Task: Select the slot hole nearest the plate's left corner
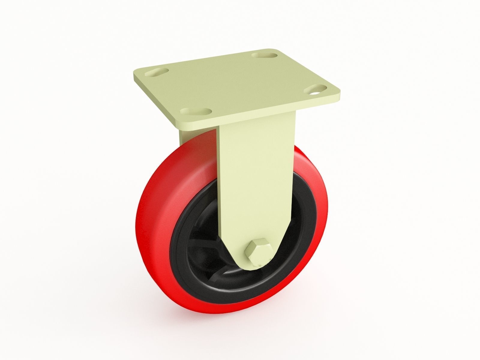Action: tap(155, 73)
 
